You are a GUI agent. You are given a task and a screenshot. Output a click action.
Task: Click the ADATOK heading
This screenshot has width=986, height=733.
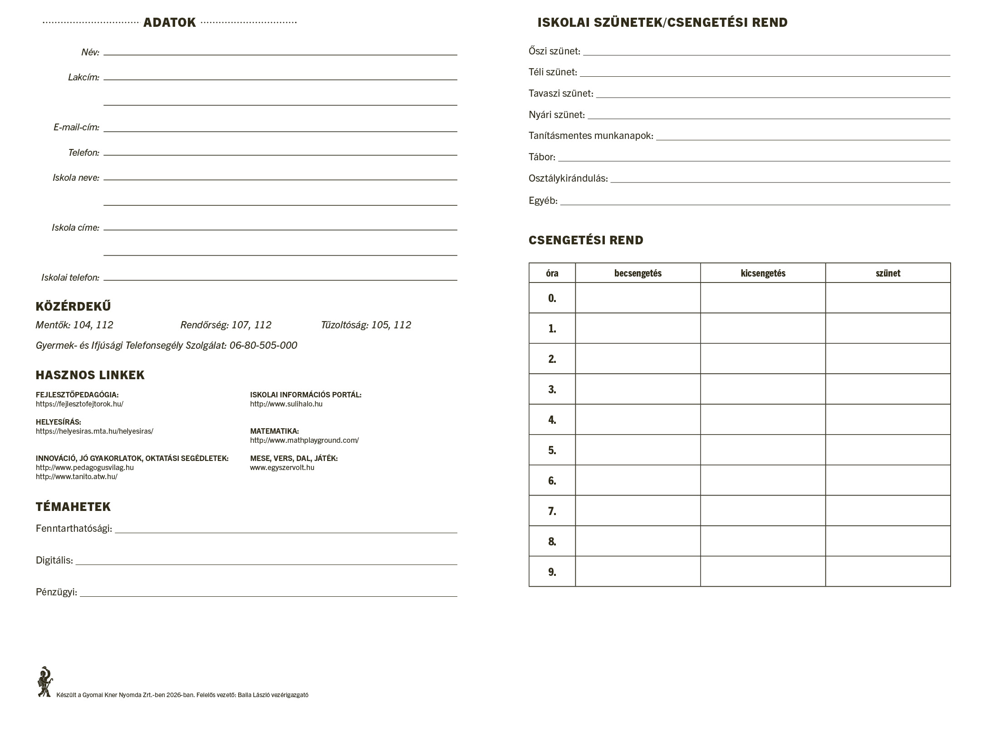(x=169, y=23)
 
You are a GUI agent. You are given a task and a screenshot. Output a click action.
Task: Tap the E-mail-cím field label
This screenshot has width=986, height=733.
(x=76, y=127)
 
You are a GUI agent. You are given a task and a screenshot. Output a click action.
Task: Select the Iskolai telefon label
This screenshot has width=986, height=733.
(x=70, y=277)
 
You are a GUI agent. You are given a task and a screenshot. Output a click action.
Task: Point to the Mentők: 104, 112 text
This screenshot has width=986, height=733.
(x=74, y=325)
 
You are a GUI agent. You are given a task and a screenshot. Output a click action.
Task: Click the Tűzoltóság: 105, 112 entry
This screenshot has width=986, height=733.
(x=366, y=325)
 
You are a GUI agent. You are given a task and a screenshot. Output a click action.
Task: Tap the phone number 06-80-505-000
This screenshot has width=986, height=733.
(x=263, y=345)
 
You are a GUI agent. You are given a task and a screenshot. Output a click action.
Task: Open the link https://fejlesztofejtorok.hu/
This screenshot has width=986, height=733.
(x=79, y=404)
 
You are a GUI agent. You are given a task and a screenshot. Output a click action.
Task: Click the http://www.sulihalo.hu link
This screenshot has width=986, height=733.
(x=286, y=404)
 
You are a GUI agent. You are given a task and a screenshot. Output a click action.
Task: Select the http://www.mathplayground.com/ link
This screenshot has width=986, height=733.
(x=304, y=440)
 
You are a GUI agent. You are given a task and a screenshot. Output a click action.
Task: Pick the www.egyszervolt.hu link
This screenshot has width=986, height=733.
(x=282, y=467)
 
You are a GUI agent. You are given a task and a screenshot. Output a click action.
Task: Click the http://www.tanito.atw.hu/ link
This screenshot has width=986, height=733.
(x=76, y=476)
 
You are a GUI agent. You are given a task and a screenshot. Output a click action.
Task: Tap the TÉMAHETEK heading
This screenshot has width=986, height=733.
(x=73, y=507)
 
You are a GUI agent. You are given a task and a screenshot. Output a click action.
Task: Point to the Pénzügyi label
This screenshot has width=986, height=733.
(x=56, y=592)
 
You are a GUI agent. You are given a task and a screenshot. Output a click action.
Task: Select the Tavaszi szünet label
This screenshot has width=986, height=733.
(x=560, y=94)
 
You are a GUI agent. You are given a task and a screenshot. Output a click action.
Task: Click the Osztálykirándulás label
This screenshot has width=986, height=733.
(x=568, y=178)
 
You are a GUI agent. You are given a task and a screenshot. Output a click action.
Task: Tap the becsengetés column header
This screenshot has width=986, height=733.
(x=638, y=273)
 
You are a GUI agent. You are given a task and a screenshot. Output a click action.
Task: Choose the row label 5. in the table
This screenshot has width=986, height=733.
(x=552, y=450)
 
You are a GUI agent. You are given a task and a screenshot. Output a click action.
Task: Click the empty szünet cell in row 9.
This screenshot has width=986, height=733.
(x=888, y=571)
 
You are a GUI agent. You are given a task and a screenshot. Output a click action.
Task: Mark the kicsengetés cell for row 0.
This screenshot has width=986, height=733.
(x=763, y=298)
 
